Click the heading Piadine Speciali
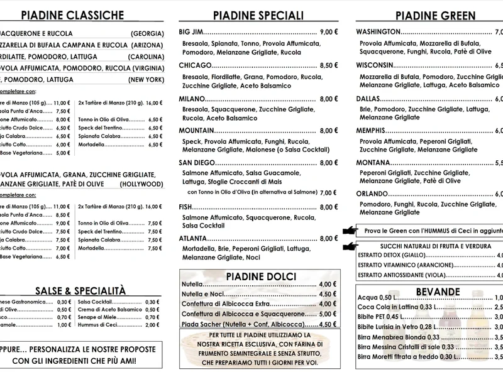[x=258, y=15]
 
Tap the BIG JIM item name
[x=191, y=31]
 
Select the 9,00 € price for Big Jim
[x=329, y=31]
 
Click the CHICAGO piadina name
[x=194, y=65]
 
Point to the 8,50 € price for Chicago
[x=329, y=65]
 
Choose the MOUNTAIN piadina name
[x=197, y=131]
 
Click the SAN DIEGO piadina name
[x=197, y=163]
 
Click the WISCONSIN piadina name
[x=375, y=65]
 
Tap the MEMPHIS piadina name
[x=372, y=131]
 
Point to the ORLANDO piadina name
[x=372, y=194]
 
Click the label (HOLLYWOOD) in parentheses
[x=142, y=184]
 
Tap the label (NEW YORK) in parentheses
[x=146, y=80]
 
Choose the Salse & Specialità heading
[x=80, y=290]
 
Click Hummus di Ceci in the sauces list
[x=97, y=325]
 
